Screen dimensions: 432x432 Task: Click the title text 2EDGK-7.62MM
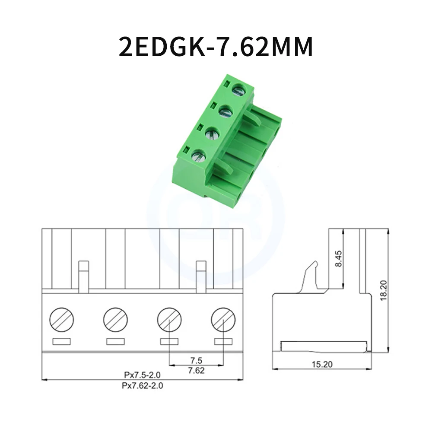tap(216, 47)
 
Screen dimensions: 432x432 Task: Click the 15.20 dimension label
tap(322, 364)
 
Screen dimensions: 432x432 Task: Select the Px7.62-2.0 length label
tap(143, 385)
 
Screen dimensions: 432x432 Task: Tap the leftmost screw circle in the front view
tap(61, 320)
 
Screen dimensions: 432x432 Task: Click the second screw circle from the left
tap(115, 320)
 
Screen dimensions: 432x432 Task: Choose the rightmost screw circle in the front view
tap(223, 320)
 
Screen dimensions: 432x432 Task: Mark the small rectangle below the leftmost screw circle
tap(61, 341)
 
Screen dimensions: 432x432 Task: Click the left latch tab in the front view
tap(84, 275)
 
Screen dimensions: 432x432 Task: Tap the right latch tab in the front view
tap(201, 275)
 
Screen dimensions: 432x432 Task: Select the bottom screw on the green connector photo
tap(198, 156)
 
